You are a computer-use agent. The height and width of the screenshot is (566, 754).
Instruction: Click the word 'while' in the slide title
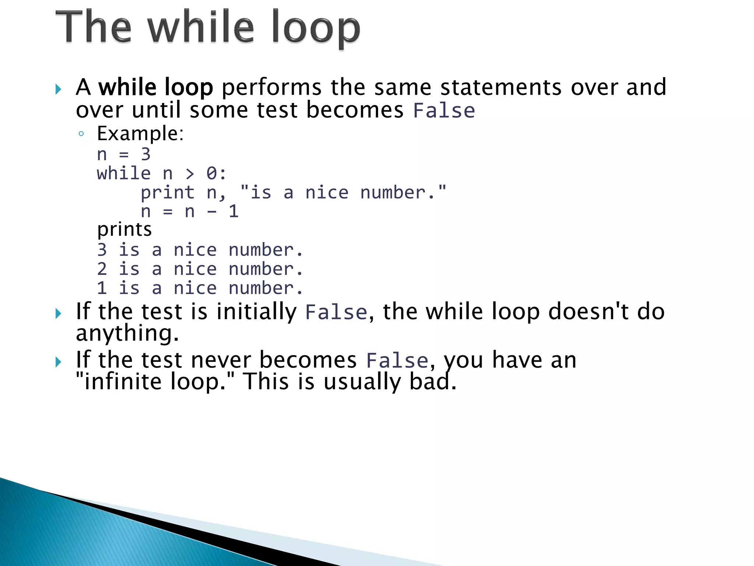coord(201,27)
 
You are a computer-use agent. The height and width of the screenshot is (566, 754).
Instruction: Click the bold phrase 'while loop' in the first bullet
coord(156,87)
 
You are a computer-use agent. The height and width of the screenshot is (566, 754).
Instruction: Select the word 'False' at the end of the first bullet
coord(444,111)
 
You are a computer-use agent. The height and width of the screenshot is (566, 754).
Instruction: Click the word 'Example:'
coord(140,133)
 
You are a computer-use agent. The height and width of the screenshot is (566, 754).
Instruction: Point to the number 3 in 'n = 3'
coord(146,154)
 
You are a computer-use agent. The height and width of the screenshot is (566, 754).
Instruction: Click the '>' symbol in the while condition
coord(190,174)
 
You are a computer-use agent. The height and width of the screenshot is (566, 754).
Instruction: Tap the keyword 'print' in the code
coord(168,193)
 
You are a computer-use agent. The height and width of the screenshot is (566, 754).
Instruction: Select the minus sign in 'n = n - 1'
coord(211,212)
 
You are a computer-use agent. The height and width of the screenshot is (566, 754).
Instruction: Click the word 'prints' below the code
coord(124,229)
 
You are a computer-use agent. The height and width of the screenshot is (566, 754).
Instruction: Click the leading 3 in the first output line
coord(102,250)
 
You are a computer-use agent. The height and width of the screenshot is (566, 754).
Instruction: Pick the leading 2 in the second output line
coord(102,269)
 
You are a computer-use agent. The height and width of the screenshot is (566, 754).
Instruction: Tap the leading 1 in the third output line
coord(102,288)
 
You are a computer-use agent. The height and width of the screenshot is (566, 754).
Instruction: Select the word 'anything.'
coord(127,333)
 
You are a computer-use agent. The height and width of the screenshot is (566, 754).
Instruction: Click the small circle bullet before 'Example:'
coord(81,134)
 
